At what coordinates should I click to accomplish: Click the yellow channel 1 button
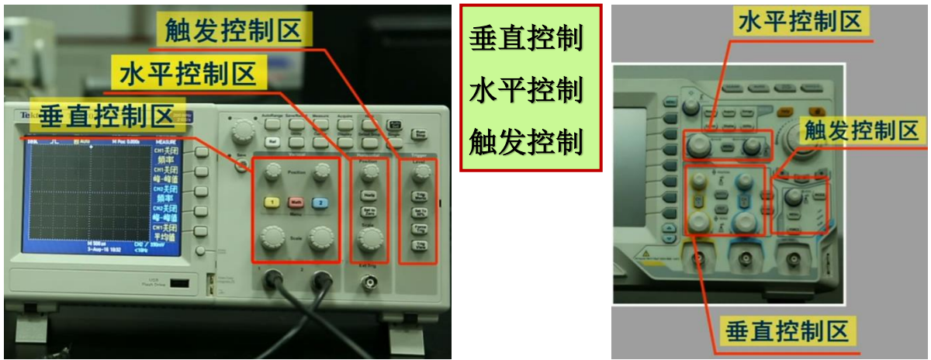tap(272, 202)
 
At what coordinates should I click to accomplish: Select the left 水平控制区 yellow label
tap(188, 74)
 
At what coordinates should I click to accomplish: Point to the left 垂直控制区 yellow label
tap(106, 116)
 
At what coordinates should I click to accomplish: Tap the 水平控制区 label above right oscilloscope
tap(800, 22)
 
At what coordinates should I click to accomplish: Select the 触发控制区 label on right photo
tap(861, 130)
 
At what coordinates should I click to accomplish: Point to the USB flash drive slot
tap(178, 284)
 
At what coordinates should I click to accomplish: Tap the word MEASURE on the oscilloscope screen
tap(168, 142)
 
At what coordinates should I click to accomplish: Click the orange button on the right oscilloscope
tap(784, 112)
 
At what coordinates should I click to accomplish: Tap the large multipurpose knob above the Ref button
tap(244, 128)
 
